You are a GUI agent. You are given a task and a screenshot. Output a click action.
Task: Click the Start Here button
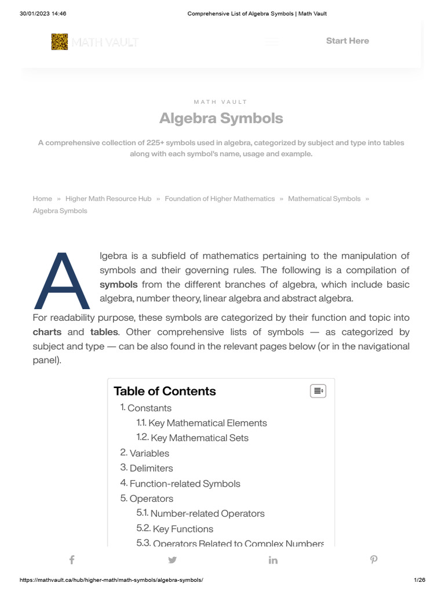347,41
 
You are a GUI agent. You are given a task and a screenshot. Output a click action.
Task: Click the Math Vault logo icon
60,42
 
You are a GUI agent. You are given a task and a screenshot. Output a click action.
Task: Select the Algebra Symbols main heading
221,118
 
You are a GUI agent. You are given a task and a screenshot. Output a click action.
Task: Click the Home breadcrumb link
42,198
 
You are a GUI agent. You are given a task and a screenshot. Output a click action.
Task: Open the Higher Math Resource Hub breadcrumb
108,198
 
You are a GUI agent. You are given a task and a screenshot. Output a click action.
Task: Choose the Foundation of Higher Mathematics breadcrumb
220,198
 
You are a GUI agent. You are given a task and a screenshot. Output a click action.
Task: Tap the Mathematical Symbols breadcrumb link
324,198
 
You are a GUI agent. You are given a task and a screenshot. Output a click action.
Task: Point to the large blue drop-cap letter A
62,281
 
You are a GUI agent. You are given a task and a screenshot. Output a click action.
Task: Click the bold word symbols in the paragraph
119,284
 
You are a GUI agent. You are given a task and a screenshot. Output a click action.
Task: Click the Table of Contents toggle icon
318,391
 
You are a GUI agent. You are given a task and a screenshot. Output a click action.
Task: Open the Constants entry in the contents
149,408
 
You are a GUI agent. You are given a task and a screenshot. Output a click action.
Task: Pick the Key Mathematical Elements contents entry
207,423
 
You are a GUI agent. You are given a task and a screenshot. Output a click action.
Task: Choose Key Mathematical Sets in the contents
199,438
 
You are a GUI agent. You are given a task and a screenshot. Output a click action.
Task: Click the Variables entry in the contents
149,453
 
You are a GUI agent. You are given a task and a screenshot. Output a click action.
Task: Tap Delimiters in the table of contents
151,468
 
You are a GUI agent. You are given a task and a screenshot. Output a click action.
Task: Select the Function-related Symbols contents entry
185,483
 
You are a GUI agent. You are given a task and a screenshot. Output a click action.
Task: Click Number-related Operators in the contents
207,513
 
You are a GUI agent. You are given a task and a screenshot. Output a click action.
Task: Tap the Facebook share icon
72,560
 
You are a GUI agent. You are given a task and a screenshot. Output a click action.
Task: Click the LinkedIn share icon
273,560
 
